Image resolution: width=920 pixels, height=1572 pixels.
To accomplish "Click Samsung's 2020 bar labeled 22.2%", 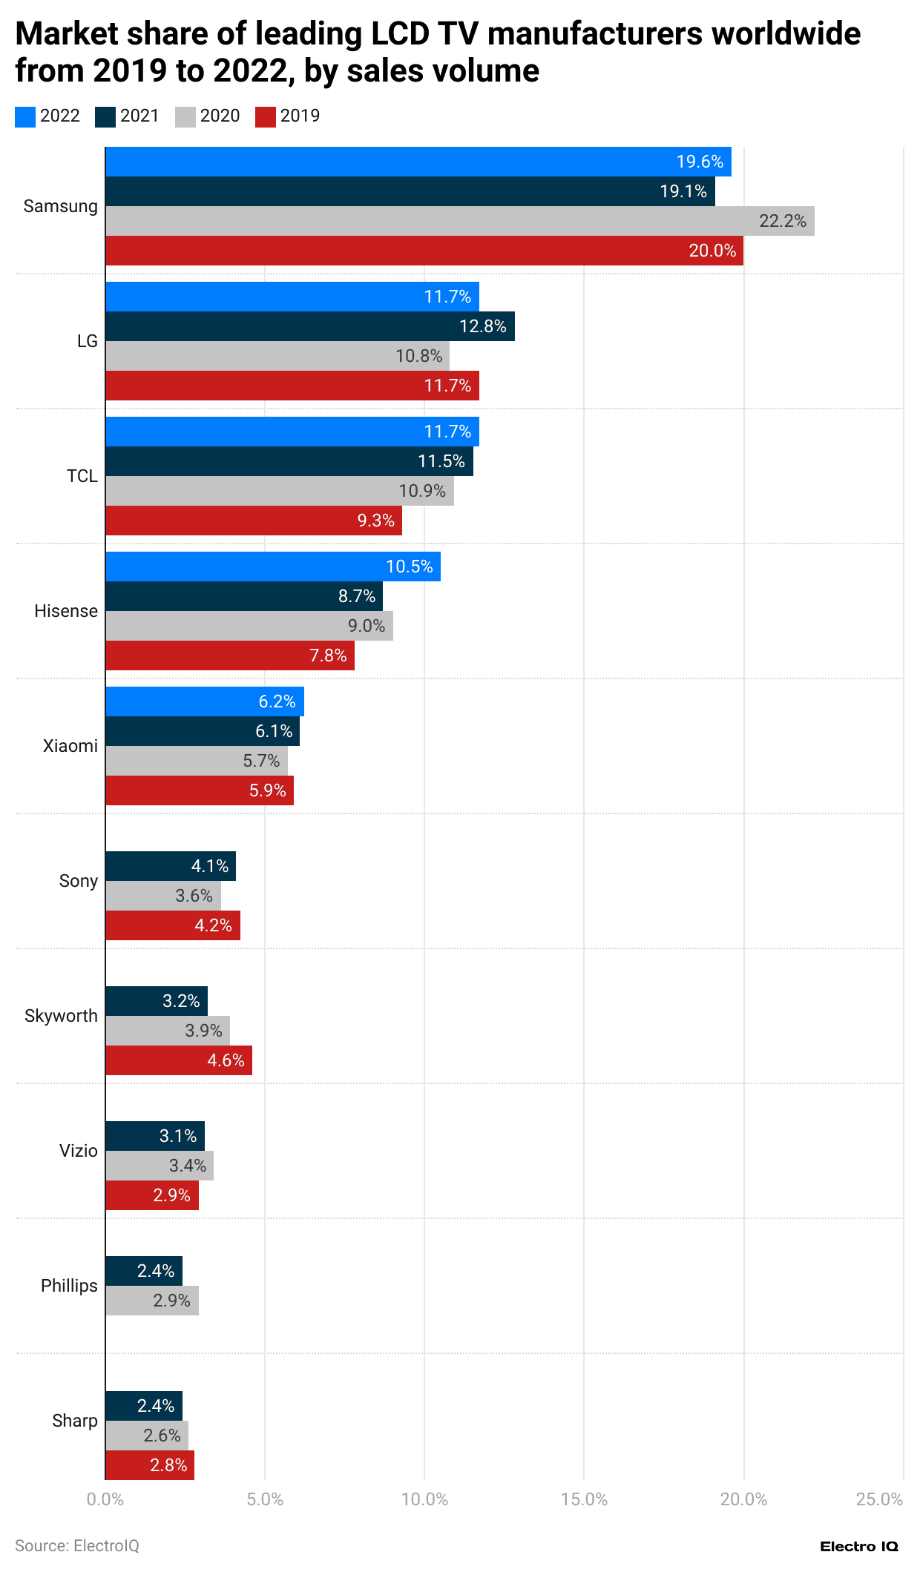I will (x=460, y=221).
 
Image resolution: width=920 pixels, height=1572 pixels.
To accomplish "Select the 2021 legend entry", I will (x=128, y=116).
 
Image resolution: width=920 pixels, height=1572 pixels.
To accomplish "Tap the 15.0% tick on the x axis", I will (x=584, y=1499).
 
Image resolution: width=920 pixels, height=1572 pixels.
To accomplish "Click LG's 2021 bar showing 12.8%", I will (x=310, y=326).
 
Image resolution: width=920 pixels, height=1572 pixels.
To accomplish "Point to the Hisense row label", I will (x=66, y=611).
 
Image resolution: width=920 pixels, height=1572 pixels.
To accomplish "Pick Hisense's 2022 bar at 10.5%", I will (x=273, y=567).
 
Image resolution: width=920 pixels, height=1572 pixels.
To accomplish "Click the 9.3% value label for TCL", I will (x=375, y=521).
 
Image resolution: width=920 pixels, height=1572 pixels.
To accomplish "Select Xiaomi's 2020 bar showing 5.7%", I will (x=197, y=761).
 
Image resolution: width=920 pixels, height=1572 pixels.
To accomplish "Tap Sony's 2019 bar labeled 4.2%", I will (x=173, y=925).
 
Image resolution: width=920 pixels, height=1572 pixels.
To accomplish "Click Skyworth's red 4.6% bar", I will (x=179, y=1060).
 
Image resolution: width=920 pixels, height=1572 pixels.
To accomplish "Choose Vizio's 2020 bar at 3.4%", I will (x=160, y=1166).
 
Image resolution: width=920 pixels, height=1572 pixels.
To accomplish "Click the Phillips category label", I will (x=69, y=1286).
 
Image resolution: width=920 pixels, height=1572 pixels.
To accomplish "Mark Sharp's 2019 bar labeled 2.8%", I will (x=150, y=1465).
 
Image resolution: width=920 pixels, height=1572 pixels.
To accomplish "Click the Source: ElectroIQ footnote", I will (x=77, y=1546).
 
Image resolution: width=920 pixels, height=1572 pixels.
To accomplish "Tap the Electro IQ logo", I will (x=858, y=1546).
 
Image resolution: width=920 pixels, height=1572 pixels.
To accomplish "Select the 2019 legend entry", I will (x=288, y=116).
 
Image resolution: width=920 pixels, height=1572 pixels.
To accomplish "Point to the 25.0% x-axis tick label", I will (x=879, y=1499).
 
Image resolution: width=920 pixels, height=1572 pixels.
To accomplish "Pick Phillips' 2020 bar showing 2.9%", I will (x=152, y=1301).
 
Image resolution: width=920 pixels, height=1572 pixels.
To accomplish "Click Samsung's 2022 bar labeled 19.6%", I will (x=418, y=162).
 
